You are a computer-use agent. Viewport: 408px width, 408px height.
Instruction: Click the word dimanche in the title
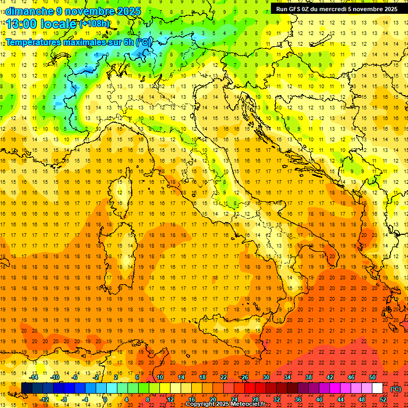click(x=27, y=11)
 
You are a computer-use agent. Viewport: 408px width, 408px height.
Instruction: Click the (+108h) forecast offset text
click(x=95, y=24)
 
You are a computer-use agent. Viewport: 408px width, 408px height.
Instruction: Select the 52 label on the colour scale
click(x=383, y=399)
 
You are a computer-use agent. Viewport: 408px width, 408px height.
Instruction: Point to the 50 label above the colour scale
click(x=372, y=377)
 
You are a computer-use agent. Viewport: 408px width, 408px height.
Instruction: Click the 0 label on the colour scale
click(x=105, y=399)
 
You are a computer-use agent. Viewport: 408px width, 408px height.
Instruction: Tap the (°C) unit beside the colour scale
click(x=396, y=389)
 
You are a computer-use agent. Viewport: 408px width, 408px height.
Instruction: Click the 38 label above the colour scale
click(x=309, y=377)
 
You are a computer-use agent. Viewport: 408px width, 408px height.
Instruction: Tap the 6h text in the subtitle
click(x=127, y=42)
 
